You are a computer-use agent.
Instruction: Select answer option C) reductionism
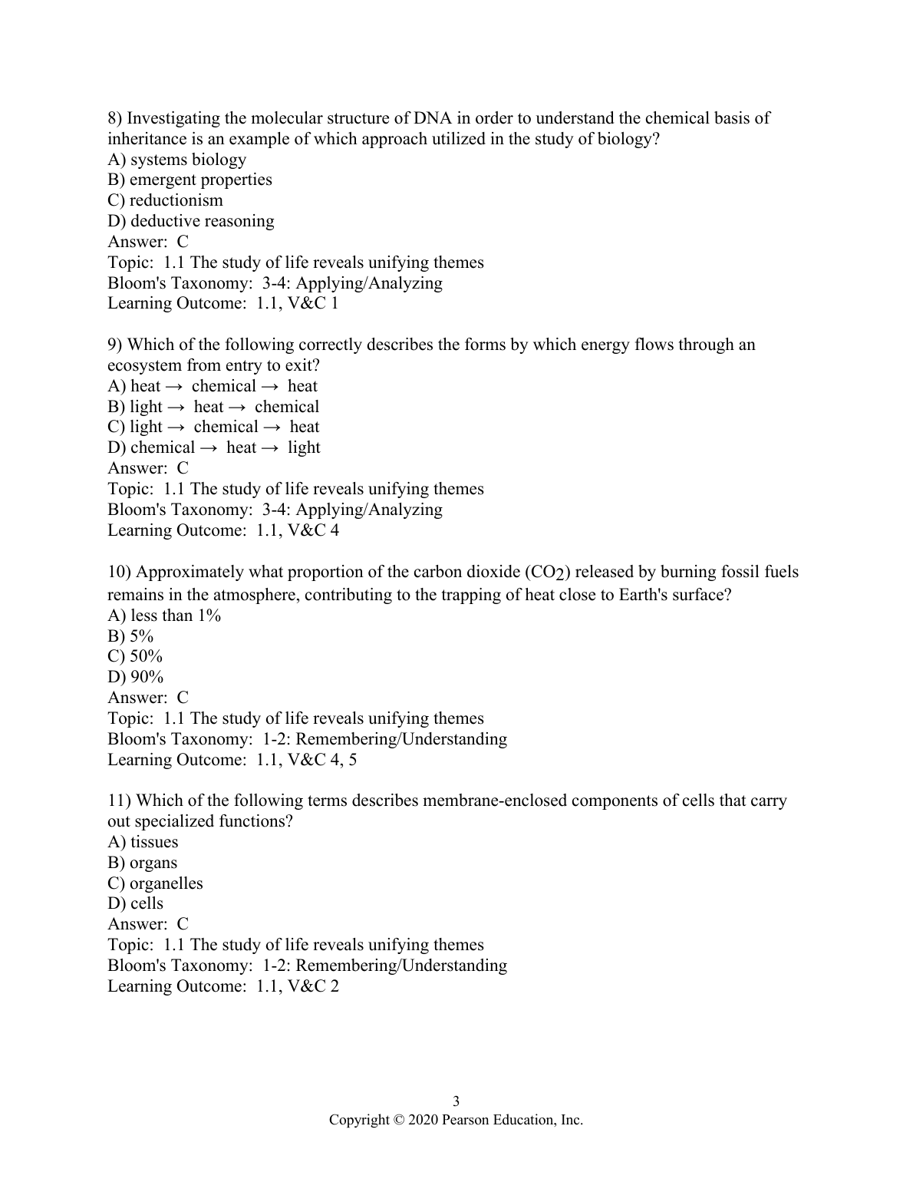point(165,200)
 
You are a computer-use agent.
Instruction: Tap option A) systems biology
point(176,160)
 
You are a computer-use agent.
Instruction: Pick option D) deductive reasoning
point(190,221)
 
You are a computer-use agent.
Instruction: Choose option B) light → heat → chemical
point(213,407)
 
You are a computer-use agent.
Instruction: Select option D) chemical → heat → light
point(213,447)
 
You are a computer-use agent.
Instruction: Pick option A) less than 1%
point(164,616)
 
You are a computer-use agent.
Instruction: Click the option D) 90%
point(135,677)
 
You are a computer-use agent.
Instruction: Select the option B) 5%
point(130,636)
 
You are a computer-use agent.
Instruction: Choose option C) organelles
point(155,883)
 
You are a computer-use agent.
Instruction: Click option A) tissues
point(143,842)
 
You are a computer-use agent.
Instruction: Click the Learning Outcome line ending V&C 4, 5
point(232,760)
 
